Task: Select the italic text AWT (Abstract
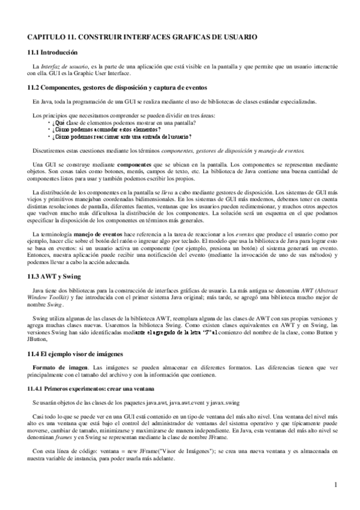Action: tap(315, 290)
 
